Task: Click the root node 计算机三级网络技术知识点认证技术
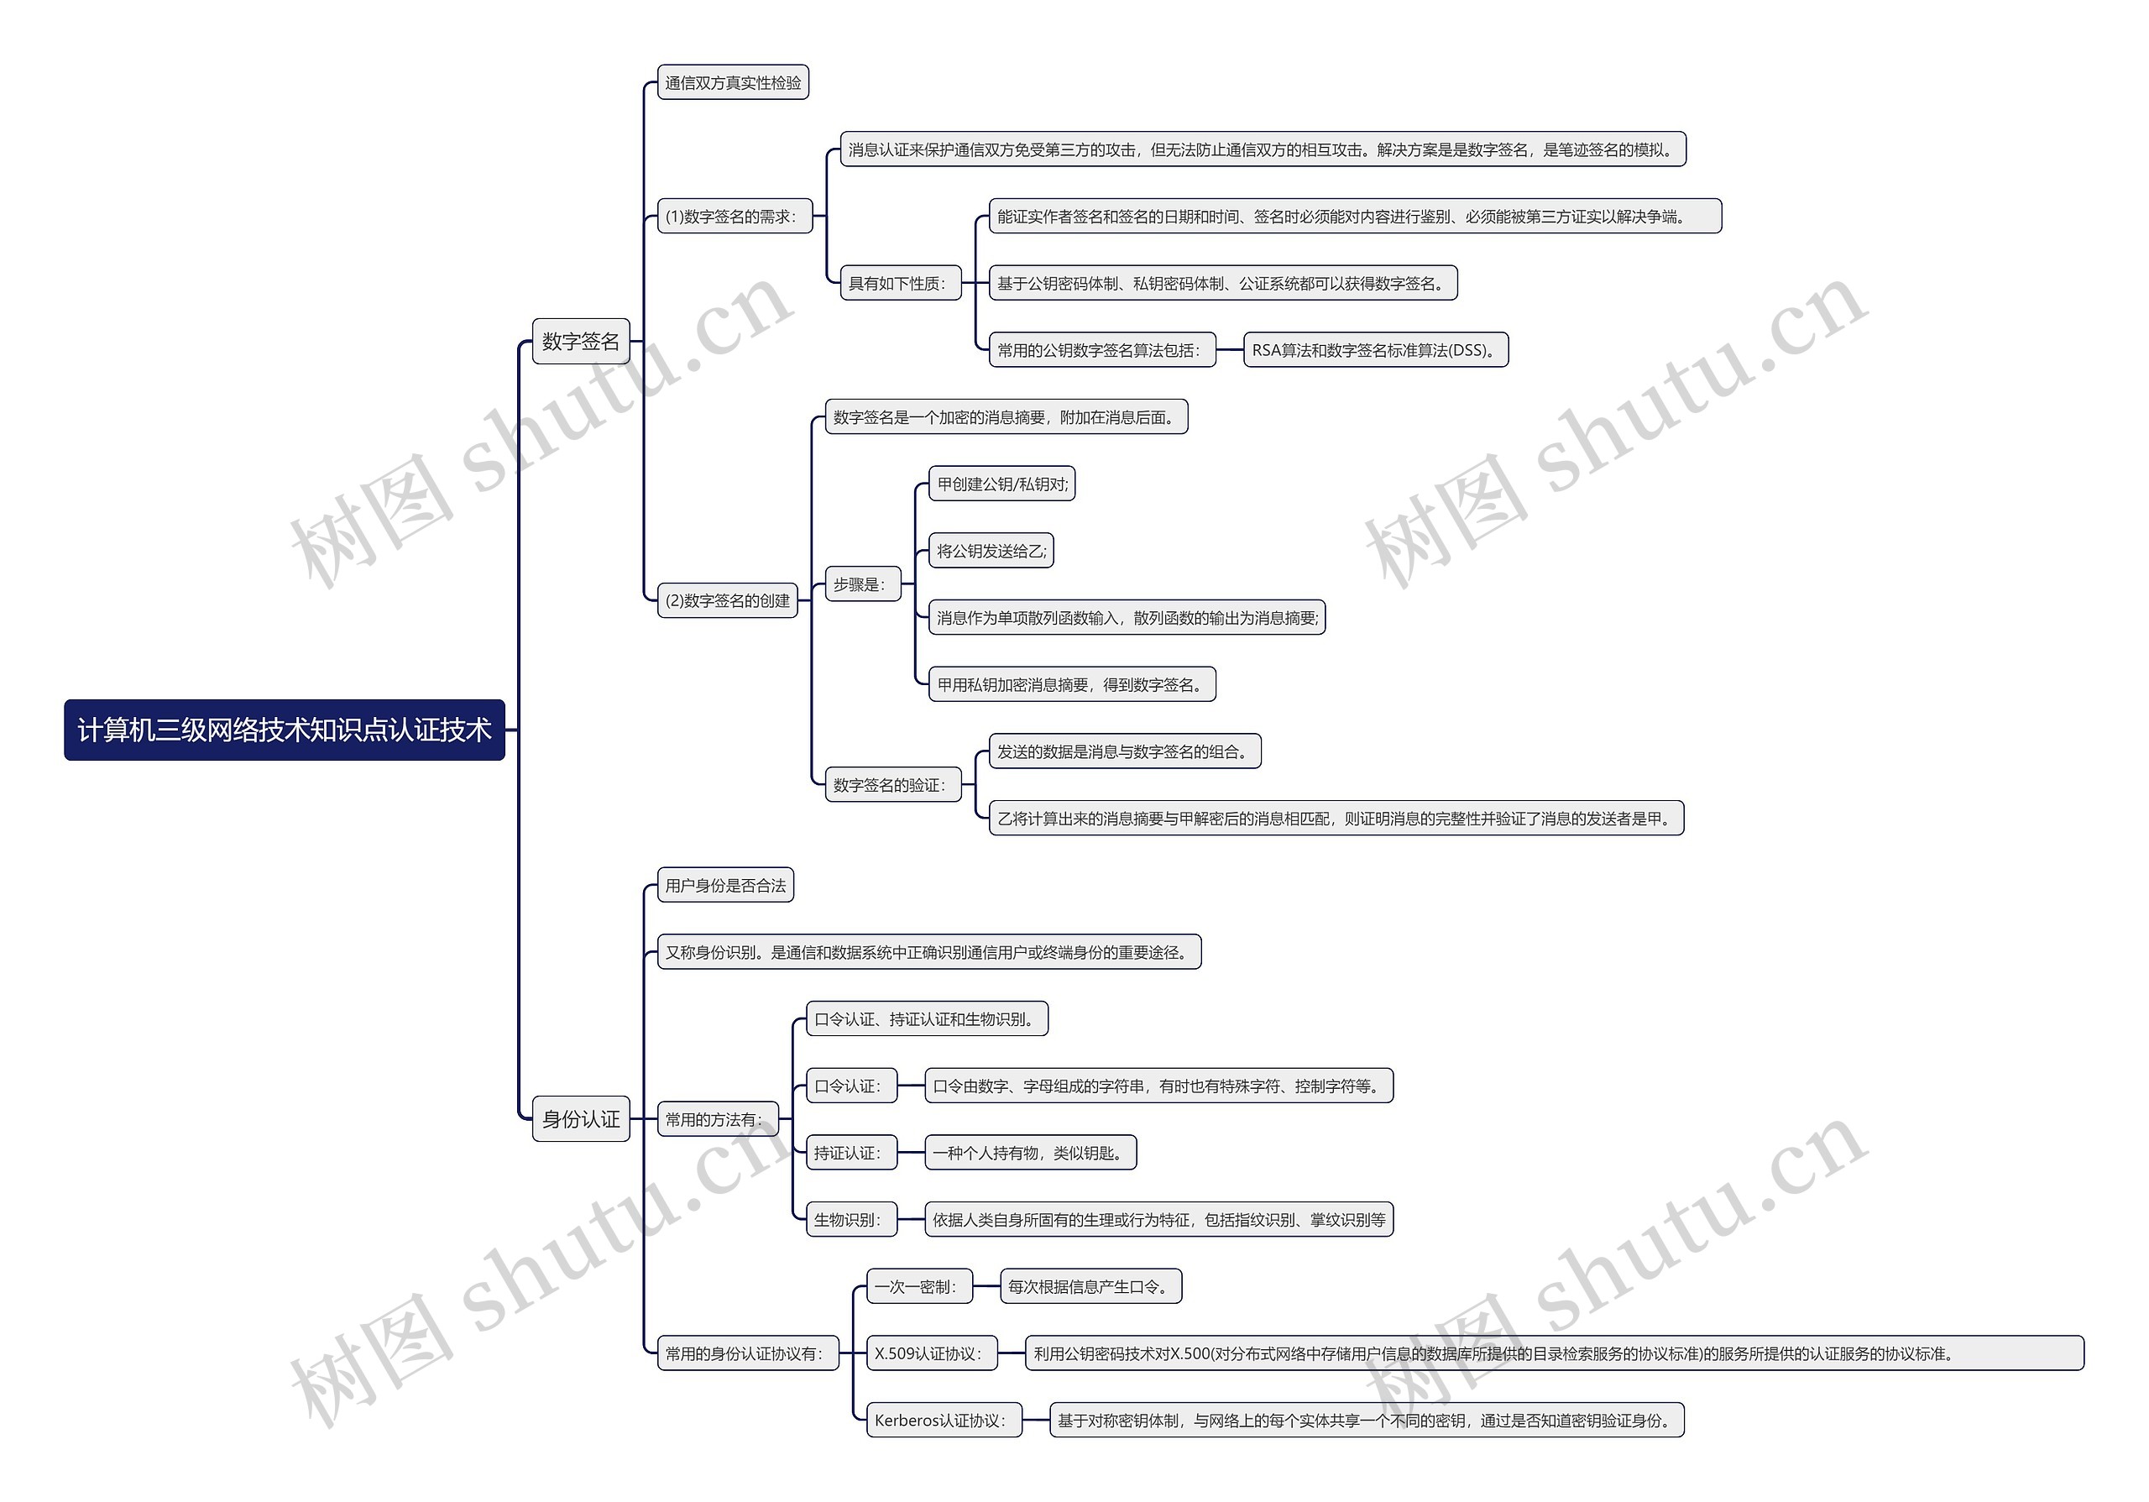tap(284, 729)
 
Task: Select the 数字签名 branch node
tap(580, 341)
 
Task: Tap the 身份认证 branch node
tap(580, 1118)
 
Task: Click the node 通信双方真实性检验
tap(733, 82)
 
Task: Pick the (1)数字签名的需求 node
tap(734, 216)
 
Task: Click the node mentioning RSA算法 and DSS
tap(1375, 350)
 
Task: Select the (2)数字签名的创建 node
tap(727, 599)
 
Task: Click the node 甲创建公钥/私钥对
tap(1001, 484)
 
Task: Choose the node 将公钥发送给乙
tap(991, 550)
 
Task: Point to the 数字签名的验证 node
tap(892, 784)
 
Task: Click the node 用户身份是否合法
tap(725, 884)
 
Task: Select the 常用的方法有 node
tap(718, 1118)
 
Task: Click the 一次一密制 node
tap(919, 1286)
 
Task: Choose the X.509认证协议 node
tap(931, 1353)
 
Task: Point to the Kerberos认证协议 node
tap(944, 1420)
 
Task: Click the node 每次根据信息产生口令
tap(1090, 1286)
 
